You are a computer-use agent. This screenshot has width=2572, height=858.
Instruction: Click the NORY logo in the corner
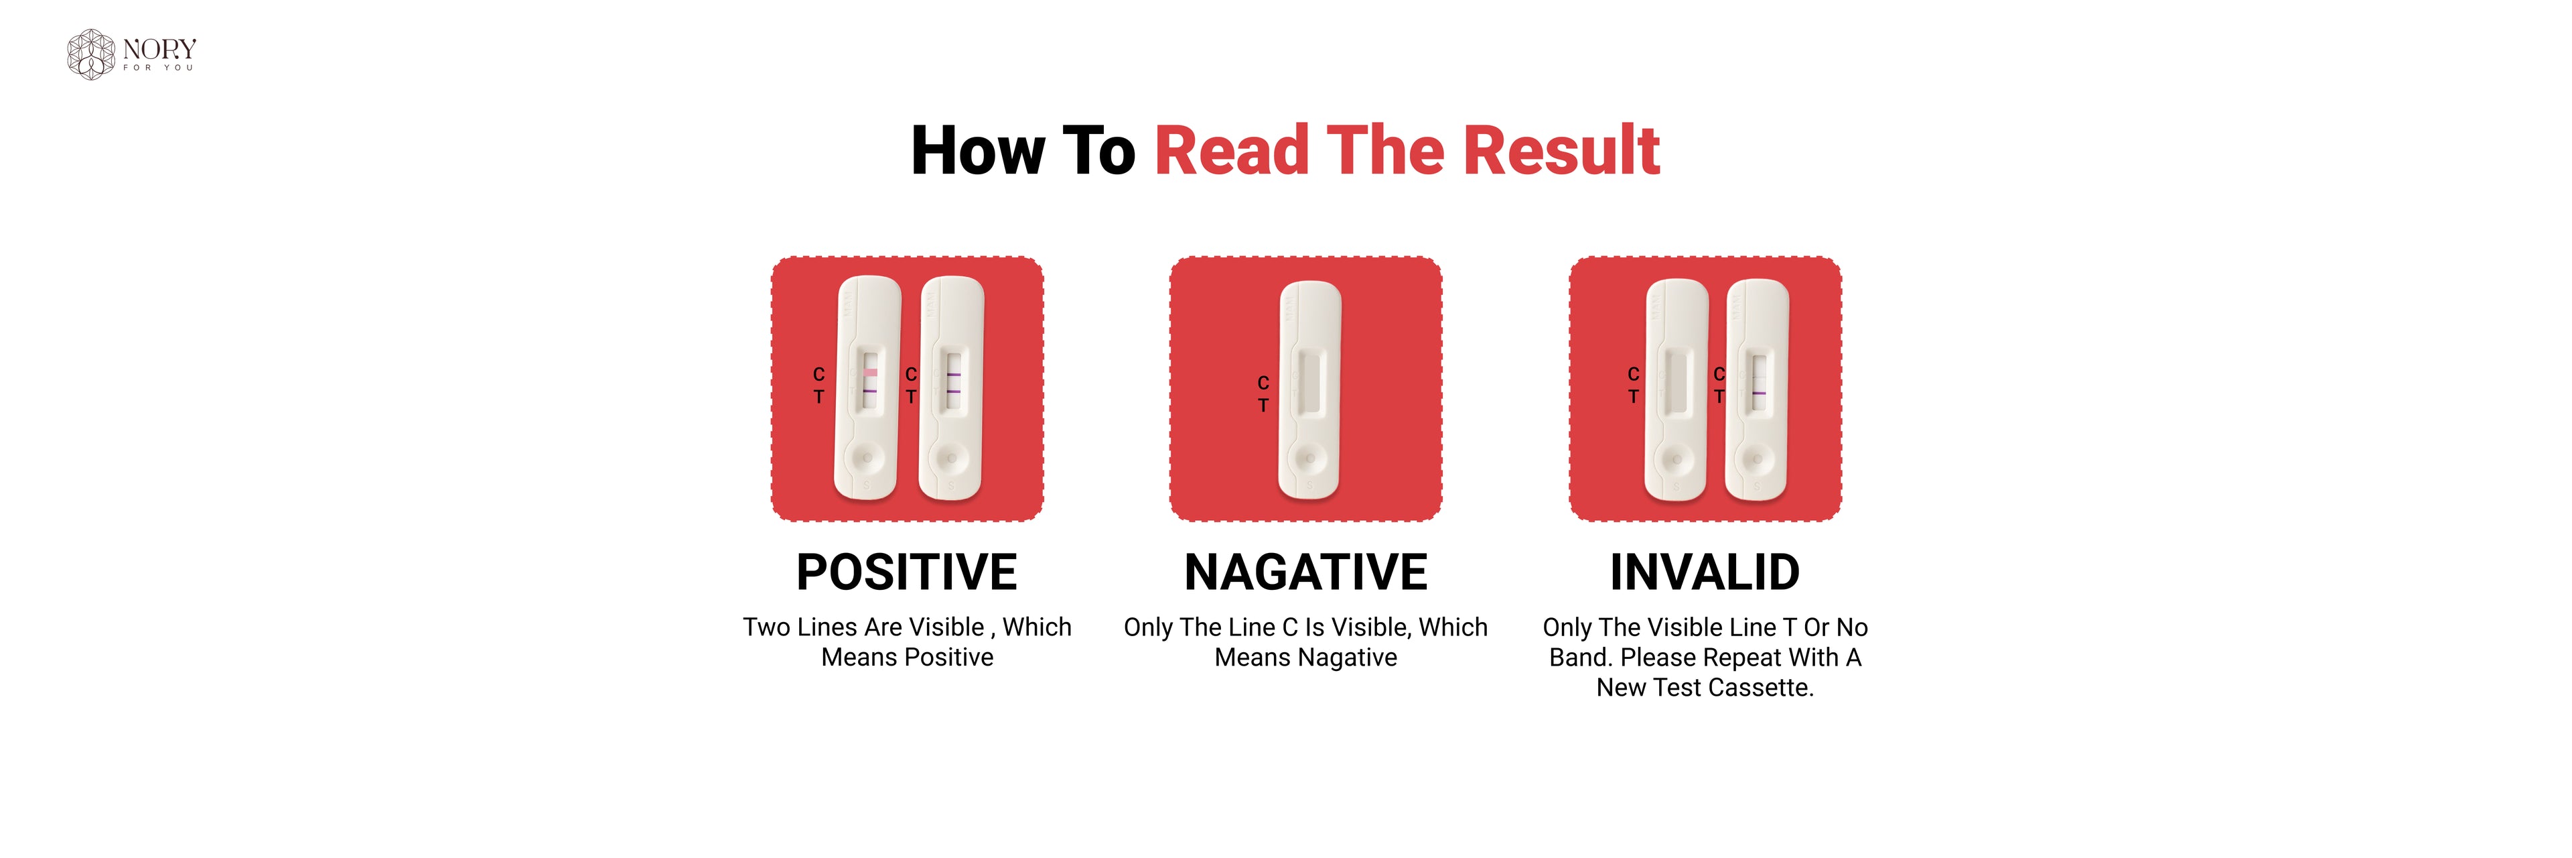131,53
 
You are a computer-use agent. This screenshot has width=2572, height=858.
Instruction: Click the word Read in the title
1231,151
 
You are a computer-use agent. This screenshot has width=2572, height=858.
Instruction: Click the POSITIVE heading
907,572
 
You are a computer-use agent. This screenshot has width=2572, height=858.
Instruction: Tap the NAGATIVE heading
1306,572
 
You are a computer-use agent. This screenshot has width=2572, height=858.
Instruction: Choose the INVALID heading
1705,572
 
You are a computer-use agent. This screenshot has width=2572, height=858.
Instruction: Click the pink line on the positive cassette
869,373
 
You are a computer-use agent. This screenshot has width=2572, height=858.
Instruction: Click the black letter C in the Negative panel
1263,383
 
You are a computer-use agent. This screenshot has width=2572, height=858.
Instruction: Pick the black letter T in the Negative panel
1263,406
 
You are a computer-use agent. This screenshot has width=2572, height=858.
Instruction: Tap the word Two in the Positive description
767,627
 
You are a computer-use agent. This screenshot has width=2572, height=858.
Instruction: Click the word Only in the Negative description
1148,628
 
